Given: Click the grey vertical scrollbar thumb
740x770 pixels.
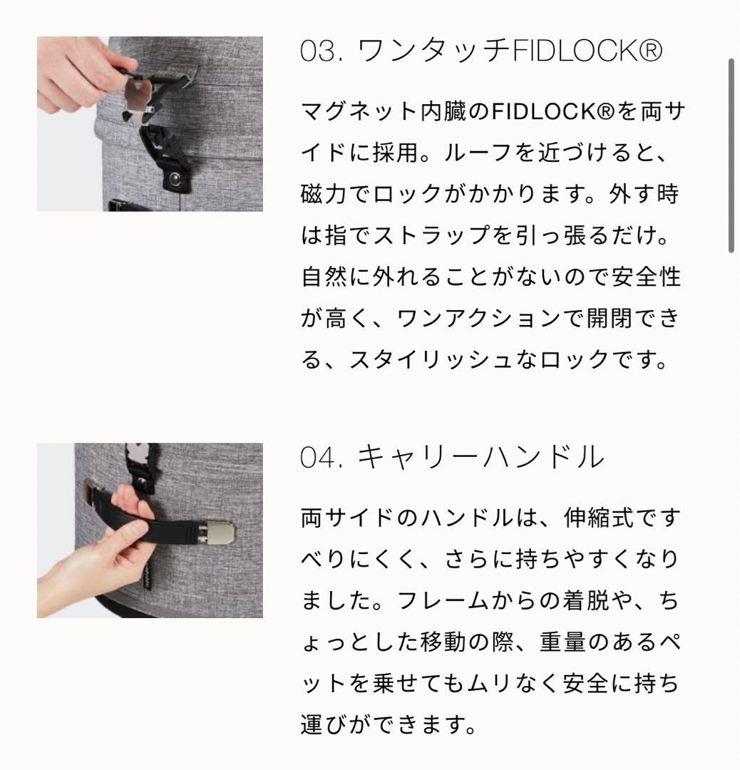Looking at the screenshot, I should [x=731, y=155].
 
